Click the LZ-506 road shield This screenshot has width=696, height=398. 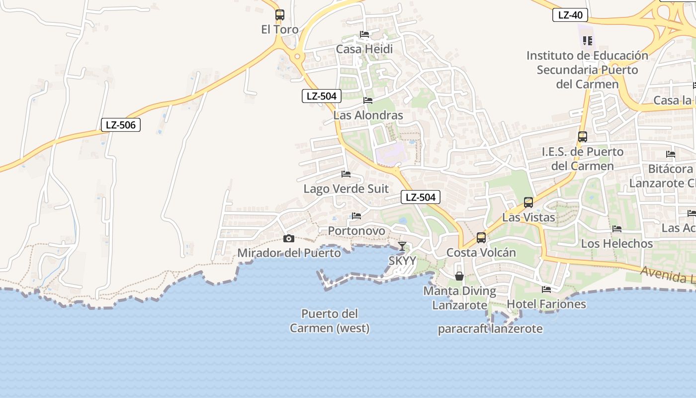(121, 125)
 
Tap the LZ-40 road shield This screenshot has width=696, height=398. (570, 15)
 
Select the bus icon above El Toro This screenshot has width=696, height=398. (280, 15)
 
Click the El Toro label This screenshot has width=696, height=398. (280, 29)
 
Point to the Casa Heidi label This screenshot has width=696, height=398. (364, 49)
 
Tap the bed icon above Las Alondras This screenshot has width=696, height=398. (368, 100)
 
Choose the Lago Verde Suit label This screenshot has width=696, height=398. (346, 189)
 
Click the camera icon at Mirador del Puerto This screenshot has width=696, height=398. (289, 239)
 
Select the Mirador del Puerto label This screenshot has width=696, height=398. (289, 253)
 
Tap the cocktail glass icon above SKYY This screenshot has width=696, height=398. (402, 246)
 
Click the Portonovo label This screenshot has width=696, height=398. (356, 231)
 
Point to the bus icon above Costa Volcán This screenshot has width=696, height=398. (481, 238)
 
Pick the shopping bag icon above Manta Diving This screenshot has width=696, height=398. (459, 276)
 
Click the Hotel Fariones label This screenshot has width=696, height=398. (546, 304)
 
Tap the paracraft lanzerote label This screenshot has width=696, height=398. (490, 329)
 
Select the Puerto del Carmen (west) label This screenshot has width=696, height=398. (330, 321)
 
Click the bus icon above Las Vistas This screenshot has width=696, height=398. (528, 202)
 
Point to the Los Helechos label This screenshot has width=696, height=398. (617, 243)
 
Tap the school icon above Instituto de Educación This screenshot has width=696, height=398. (588, 40)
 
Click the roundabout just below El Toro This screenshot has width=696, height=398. (297, 56)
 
